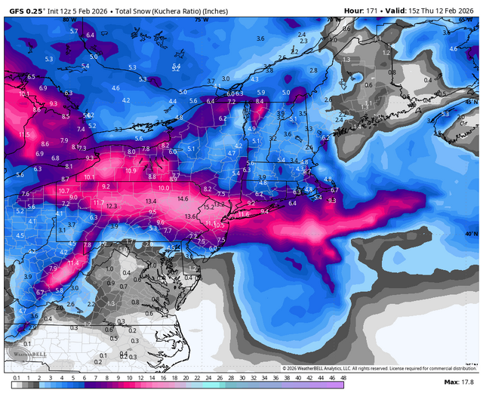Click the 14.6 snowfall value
pos(183,198)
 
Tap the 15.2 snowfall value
pos(210,206)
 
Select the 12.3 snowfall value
pos(112,206)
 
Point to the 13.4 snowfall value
pos(151,201)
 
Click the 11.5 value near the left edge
pos(25,134)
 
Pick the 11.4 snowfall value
pos(73,262)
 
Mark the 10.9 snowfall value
pos(130,170)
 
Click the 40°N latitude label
pos(471,234)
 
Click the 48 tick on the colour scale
pos(343,377)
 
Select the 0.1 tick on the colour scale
pos(16,377)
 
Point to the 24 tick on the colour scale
pos(208,377)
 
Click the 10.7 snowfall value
pos(64,191)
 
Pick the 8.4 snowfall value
pos(260,100)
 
